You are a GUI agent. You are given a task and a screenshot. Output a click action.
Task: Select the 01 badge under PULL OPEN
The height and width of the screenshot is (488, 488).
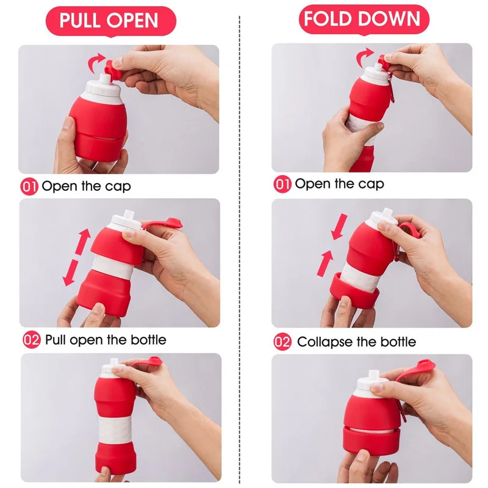pyautogui.click(x=29, y=186)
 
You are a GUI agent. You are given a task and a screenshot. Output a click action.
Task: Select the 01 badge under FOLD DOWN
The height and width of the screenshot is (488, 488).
pyautogui.click(x=282, y=184)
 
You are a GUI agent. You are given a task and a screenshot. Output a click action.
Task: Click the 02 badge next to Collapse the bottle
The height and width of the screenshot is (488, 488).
pyautogui.click(x=282, y=342)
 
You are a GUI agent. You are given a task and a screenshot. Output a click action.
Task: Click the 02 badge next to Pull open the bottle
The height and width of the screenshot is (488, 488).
pyautogui.click(x=32, y=339)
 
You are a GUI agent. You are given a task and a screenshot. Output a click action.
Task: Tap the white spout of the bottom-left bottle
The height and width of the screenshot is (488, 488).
pyautogui.click(x=110, y=370)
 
